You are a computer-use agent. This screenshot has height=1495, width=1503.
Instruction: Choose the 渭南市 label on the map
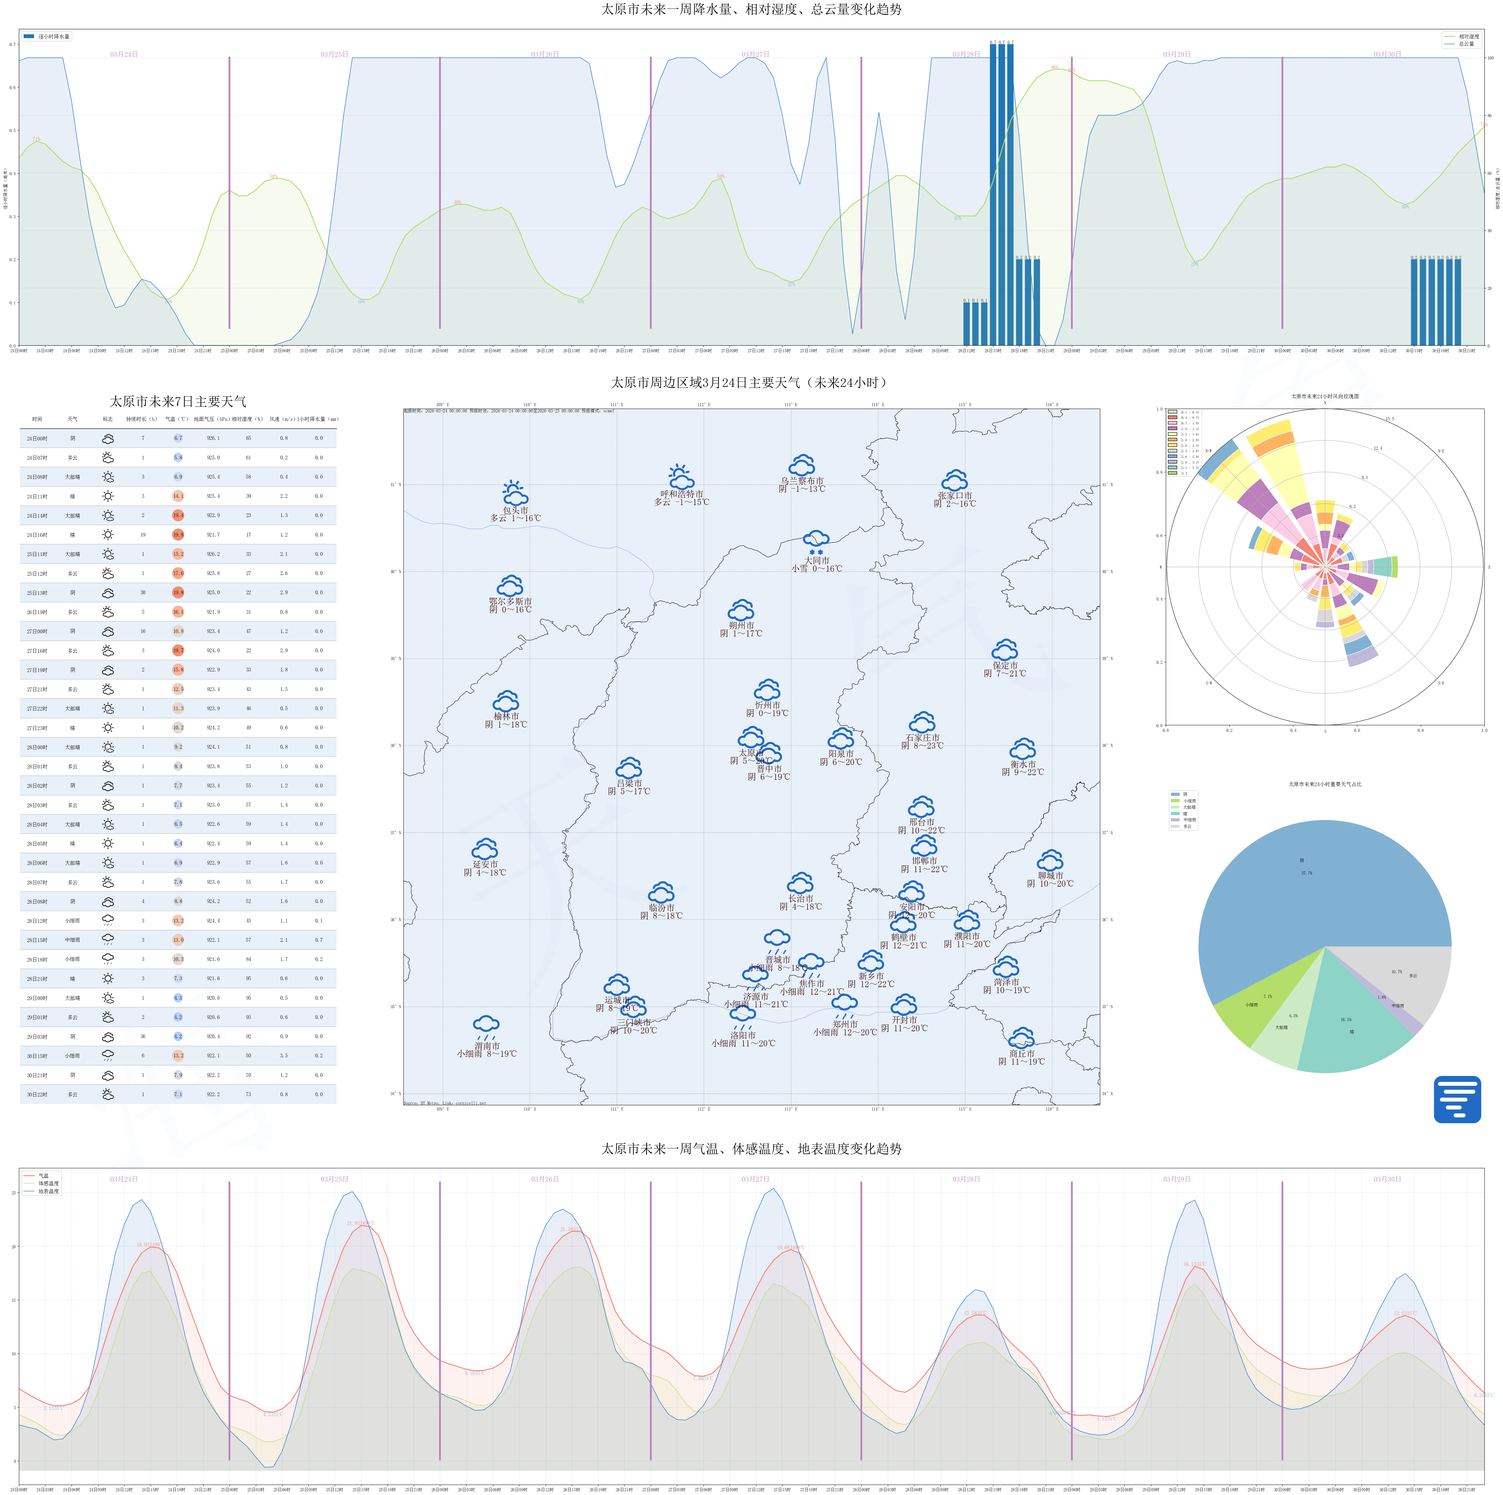(x=487, y=1046)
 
